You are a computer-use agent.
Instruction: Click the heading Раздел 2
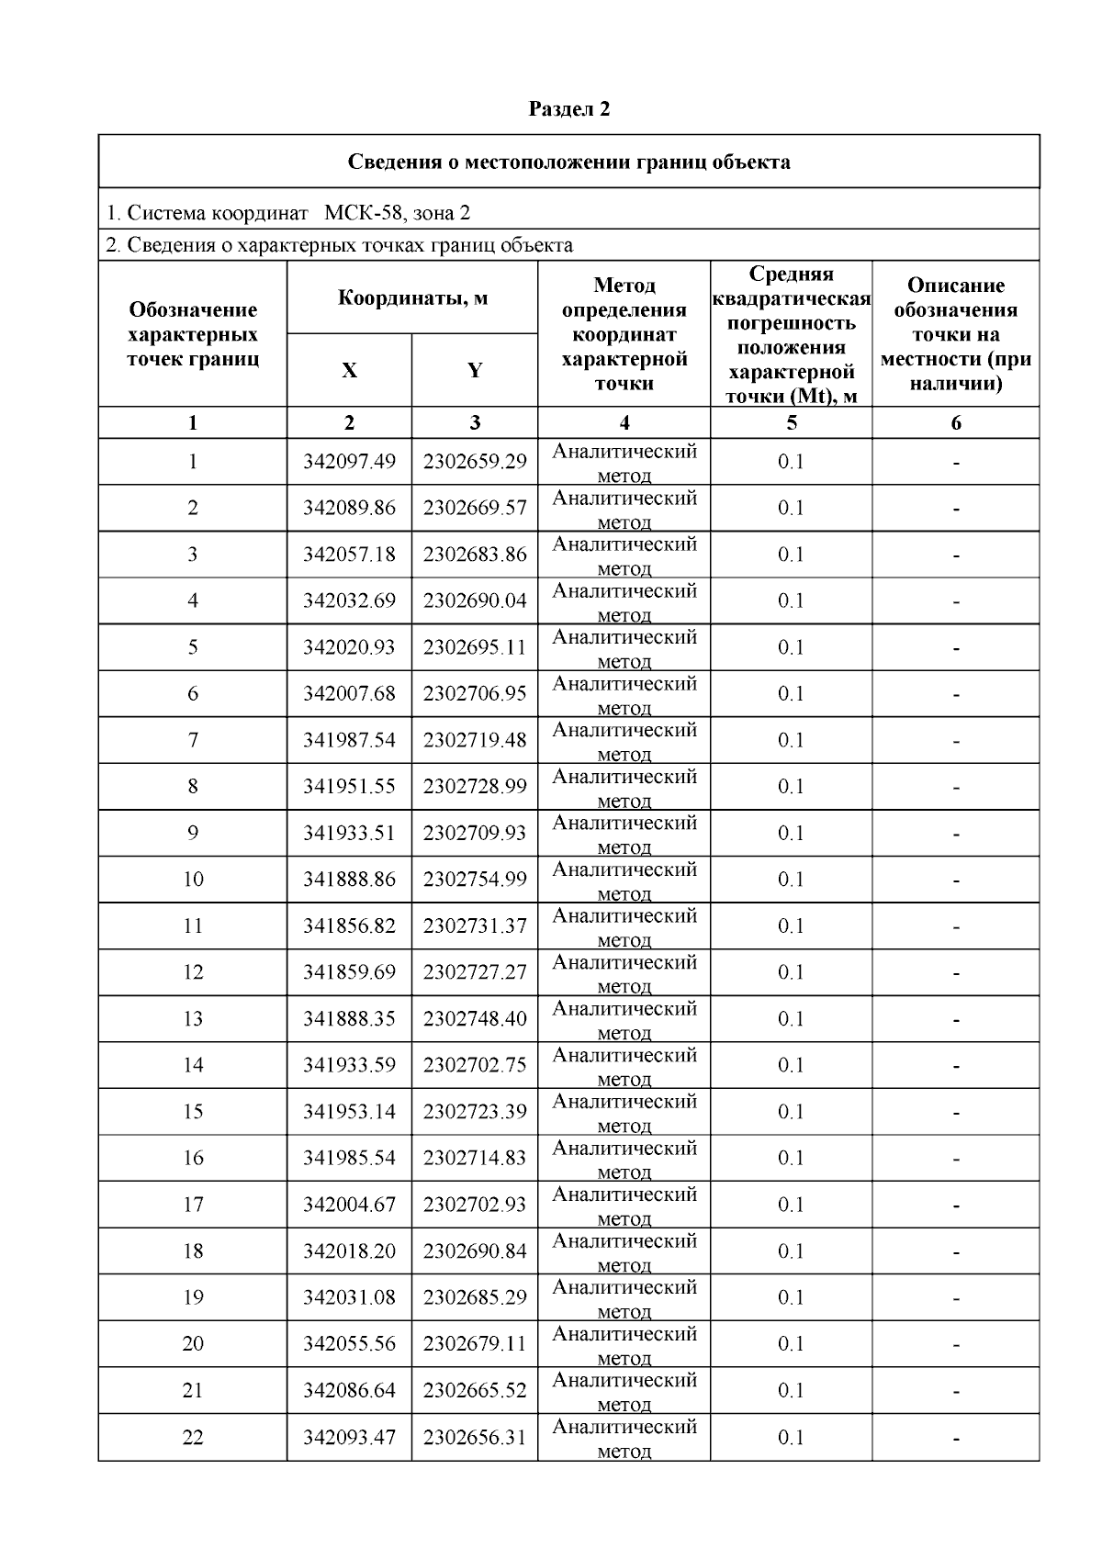[568, 109]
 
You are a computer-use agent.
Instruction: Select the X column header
[349, 370]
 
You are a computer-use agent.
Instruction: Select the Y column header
[474, 370]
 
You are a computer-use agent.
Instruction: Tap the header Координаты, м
[412, 297]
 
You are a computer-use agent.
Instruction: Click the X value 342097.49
[349, 462]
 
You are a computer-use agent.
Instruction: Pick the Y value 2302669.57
[475, 508]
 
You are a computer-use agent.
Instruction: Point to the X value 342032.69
[349, 600]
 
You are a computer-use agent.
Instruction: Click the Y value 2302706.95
[475, 693]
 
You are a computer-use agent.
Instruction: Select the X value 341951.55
[349, 786]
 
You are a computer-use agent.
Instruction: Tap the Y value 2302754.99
[475, 879]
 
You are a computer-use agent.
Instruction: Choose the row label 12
[193, 971]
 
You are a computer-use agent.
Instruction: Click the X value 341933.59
[349, 1065]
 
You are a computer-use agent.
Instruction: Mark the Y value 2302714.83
[475, 1158]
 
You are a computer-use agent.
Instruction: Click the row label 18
[193, 1251]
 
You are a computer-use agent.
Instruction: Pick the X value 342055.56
[349, 1343]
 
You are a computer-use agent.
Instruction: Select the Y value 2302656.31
[475, 1437]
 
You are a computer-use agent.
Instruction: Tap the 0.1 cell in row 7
[791, 740]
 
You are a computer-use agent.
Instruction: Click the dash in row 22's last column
[956, 1438]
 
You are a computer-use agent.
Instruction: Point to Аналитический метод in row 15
[624, 1112]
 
